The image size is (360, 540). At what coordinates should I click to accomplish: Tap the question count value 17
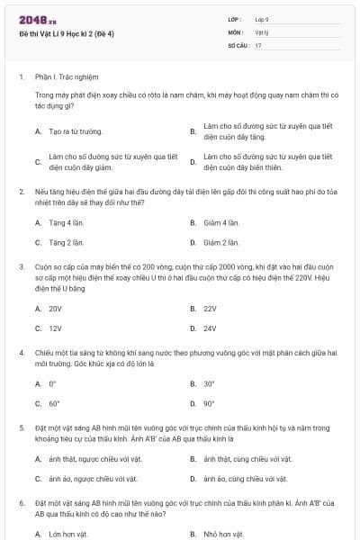[258, 45]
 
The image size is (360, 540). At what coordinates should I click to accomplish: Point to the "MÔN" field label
[236, 31]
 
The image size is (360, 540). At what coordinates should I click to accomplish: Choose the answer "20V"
[55, 308]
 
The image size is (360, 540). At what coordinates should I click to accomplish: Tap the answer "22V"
[210, 308]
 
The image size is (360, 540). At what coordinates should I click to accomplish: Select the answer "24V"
[210, 328]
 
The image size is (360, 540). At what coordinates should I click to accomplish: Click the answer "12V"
[55, 328]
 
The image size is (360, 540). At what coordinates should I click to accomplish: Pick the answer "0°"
[52, 383]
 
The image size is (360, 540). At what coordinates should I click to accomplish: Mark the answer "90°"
[209, 404]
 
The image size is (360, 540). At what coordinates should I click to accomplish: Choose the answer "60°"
[54, 404]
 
